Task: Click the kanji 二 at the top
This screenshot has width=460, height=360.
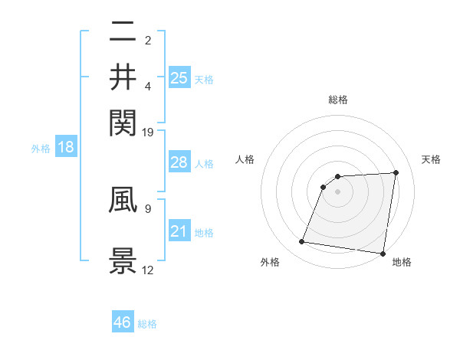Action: pos(123,31)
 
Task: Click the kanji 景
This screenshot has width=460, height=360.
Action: pos(123,260)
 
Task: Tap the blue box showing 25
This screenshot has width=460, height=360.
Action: pos(179,77)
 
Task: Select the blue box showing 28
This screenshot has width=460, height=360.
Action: pos(179,162)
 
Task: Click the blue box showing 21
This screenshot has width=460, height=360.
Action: pos(179,231)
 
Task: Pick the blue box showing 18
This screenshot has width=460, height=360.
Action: pos(66,147)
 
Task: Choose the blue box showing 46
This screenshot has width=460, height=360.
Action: pos(123,322)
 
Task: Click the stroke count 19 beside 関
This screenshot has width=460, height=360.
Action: pos(148,133)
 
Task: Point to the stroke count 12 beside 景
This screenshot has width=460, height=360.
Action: pos(148,270)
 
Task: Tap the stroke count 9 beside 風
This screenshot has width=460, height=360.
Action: pos(148,207)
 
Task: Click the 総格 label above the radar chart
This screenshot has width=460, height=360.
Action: pos(338,100)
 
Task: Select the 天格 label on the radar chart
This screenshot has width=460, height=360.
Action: pos(432,159)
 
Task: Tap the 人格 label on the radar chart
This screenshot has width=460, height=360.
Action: pos(245,159)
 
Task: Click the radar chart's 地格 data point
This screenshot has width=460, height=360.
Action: pos(383,254)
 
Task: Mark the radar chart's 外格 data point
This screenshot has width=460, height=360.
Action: pos(302,242)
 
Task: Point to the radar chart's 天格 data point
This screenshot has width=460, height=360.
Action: pos(396,172)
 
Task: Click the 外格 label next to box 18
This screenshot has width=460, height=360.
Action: pos(41,148)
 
